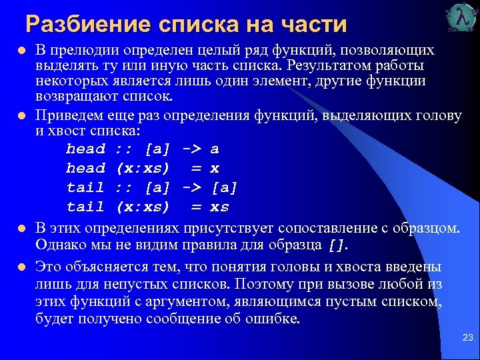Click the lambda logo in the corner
[x=461, y=18]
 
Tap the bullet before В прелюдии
[x=22, y=51]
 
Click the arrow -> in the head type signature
[x=193, y=149]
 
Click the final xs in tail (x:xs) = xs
[x=219, y=207]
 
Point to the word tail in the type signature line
[x=85, y=187]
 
